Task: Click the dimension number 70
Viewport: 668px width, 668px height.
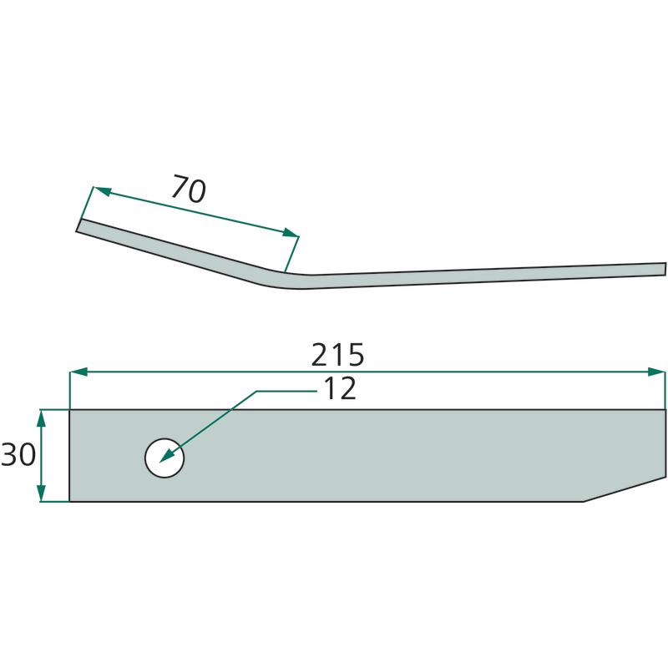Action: tap(189, 189)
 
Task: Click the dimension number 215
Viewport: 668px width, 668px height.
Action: tap(338, 354)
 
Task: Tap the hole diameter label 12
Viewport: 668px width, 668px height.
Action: tap(340, 388)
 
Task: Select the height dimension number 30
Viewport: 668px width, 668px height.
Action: tap(18, 454)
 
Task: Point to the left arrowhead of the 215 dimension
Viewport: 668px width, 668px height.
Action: tap(78, 372)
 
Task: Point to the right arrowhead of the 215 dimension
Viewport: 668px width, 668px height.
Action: tap(656, 372)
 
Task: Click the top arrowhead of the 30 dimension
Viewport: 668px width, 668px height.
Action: tap(41, 419)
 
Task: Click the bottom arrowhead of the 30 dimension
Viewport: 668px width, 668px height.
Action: tap(41, 493)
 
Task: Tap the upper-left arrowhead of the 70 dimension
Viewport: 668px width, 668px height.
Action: tap(102, 191)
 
